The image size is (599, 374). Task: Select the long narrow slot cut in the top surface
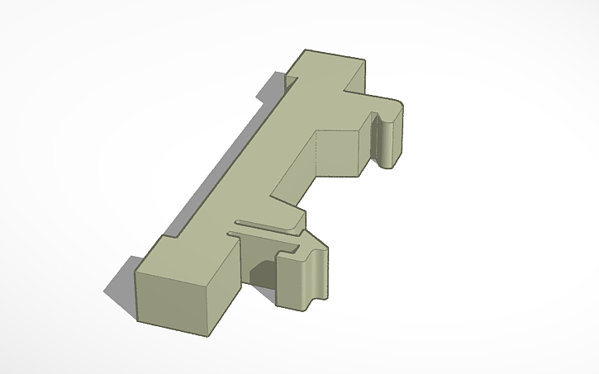[264, 224]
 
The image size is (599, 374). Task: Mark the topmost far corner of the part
[305, 50]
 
